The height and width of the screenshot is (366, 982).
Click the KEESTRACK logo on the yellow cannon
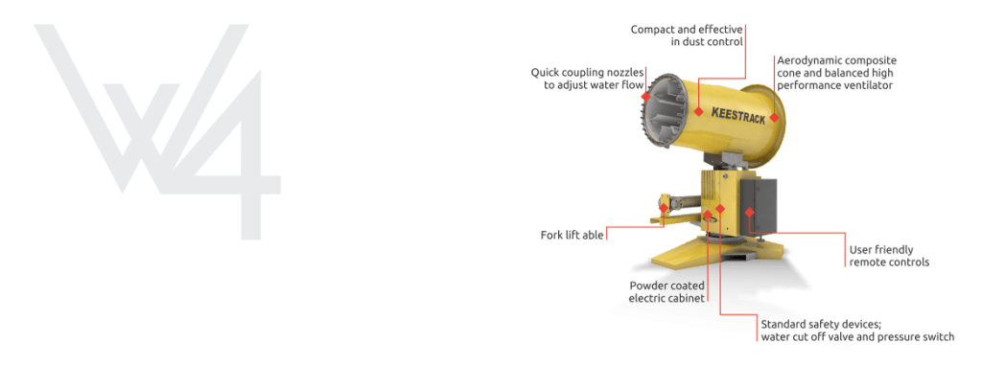737,116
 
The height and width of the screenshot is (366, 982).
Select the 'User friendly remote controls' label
889,256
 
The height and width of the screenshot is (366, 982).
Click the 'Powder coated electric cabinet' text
667,292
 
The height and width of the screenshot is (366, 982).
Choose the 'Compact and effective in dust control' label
687,35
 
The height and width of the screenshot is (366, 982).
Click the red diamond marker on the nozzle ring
645,97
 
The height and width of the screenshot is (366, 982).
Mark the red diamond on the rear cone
774,117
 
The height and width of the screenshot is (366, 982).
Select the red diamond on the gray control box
749,212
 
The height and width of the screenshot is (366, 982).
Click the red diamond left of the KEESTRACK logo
699,111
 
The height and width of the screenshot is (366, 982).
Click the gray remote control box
760,207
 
